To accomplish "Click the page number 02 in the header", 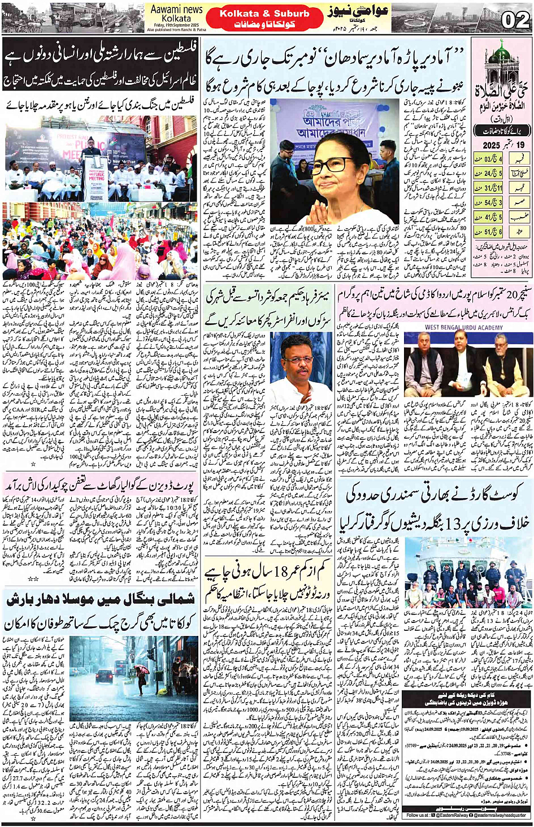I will click(x=515, y=20).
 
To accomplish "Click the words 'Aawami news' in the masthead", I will click(x=176, y=10).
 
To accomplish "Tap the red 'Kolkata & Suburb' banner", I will click(x=264, y=14).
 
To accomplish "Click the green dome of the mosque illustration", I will click(x=501, y=55).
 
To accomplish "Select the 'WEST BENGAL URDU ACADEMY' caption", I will click(x=463, y=327).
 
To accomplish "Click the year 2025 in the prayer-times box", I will click(x=492, y=146).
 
